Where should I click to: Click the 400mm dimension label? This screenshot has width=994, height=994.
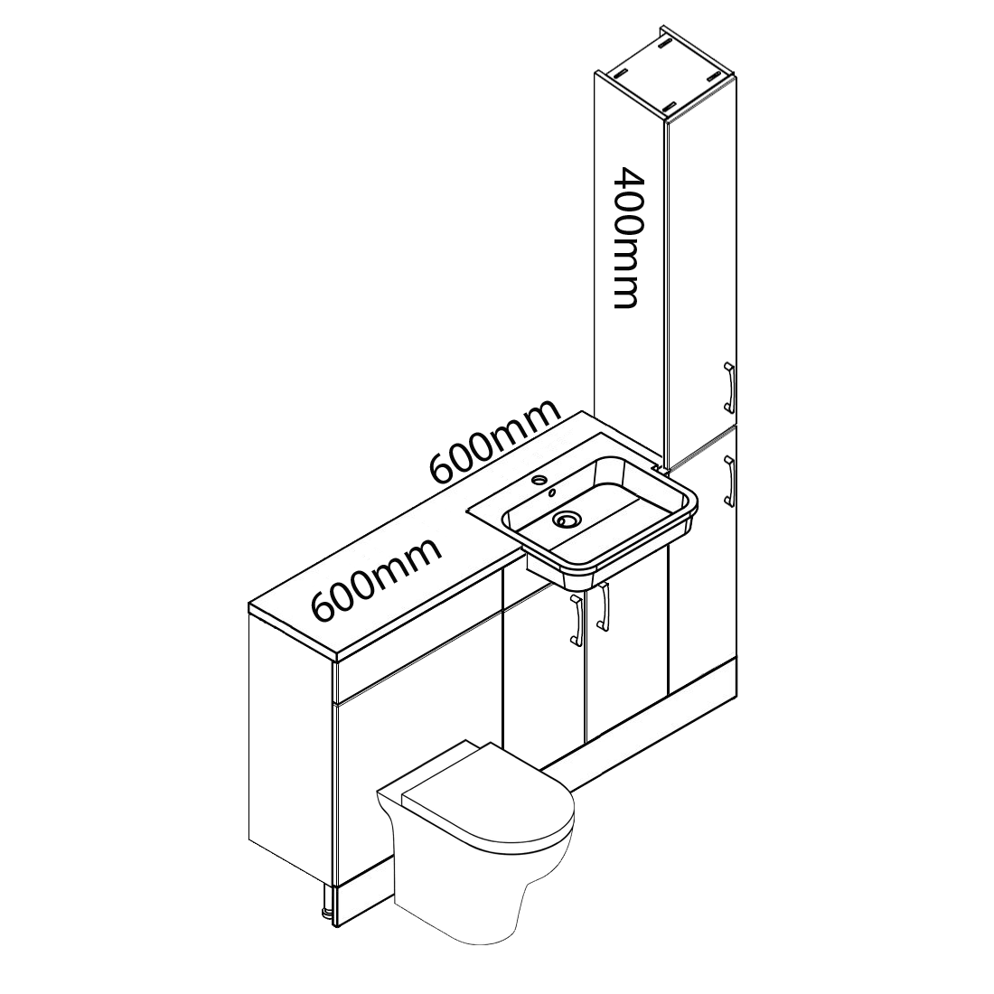[x=624, y=238]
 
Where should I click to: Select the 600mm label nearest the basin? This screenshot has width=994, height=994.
[x=495, y=441]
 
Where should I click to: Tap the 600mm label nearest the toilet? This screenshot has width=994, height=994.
[x=377, y=579]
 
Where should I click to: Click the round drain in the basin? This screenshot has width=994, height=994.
[x=564, y=520]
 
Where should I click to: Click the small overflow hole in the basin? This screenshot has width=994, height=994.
[x=552, y=492]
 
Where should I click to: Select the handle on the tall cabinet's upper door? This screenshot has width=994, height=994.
[x=729, y=388]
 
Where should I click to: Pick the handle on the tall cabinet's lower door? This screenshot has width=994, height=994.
[x=729, y=482]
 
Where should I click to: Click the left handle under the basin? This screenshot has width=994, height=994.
[x=577, y=621]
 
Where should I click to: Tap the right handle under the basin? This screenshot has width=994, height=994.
[x=603, y=606]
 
